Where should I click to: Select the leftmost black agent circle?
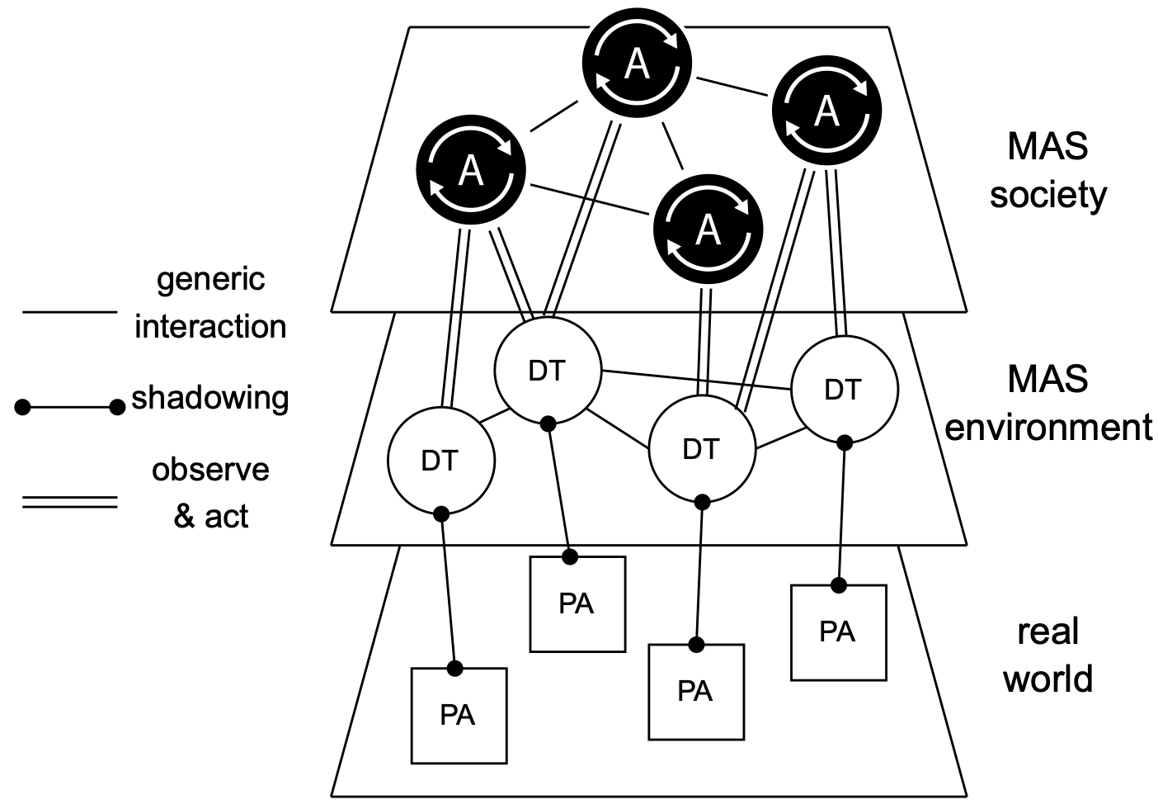point(470,172)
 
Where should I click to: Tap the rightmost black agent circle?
point(826,110)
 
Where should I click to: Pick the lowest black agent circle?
point(708,228)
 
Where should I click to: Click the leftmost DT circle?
point(440,460)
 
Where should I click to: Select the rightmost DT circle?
point(844,389)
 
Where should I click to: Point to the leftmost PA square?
point(459,715)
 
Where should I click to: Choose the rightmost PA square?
point(838,632)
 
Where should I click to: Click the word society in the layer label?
point(1047,196)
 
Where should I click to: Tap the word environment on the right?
point(1047,428)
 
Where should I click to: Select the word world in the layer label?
point(1047,679)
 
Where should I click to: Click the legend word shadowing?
point(210,398)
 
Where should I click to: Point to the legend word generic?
point(211,279)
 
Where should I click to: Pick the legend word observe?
point(210,470)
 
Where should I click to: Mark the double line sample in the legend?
point(70,501)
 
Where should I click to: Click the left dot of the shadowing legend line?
point(23,406)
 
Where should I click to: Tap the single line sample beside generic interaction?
point(70,312)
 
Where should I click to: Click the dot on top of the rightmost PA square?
point(839,585)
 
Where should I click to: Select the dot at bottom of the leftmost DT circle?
point(441,513)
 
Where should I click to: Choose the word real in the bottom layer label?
point(1047,632)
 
